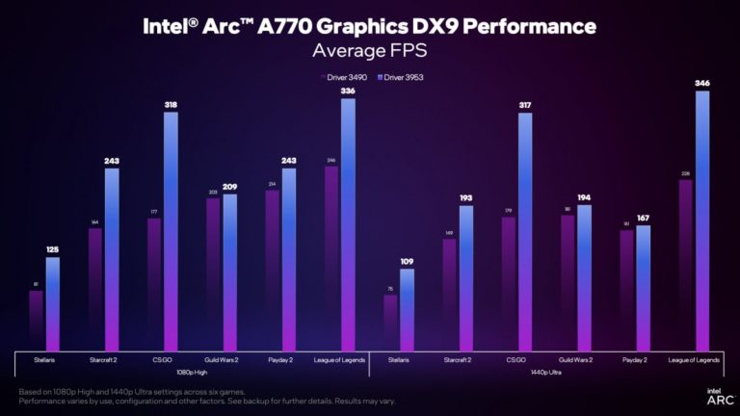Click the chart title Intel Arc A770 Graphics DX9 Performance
(370, 25)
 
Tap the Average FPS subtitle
(370, 48)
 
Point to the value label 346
(702, 84)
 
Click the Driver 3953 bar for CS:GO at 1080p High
(171, 231)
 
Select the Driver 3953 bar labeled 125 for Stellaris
(52, 303)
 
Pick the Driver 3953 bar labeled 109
(407, 309)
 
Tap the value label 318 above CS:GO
(171, 105)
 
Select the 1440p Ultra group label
(546, 372)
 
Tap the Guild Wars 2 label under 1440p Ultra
(575, 360)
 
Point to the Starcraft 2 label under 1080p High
(104, 360)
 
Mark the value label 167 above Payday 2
(643, 219)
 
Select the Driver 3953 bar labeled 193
(465, 278)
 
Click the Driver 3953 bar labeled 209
(229, 273)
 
